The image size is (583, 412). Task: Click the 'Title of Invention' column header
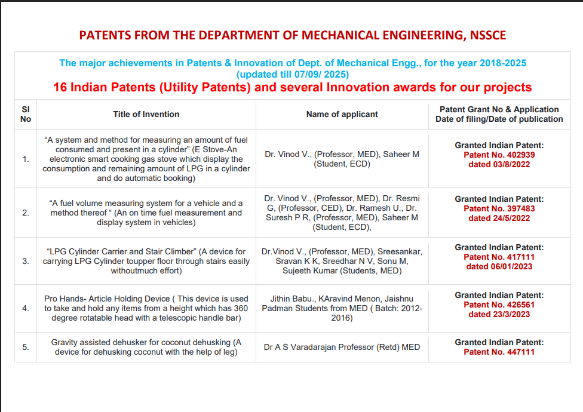tap(146, 114)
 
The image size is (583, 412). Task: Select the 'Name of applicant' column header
tap(342, 114)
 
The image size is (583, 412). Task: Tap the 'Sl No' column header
tap(26, 114)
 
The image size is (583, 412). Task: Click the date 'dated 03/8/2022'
tap(499, 164)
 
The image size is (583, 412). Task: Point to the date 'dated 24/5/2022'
tap(499, 218)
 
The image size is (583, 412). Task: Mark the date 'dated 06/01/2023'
tap(499, 266)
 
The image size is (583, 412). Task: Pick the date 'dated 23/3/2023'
tap(499, 314)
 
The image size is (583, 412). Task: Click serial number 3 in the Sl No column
tap(26, 261)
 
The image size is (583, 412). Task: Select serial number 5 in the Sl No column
tap(26, 347)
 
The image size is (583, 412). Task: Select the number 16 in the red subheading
tap(60, 87)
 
